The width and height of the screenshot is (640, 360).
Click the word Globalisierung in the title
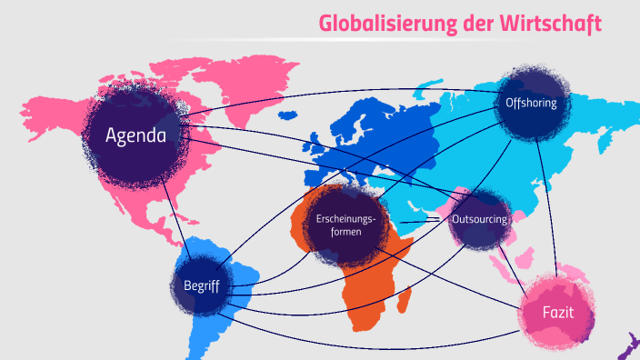[382, 24]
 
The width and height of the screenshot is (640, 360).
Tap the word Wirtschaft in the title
[556, 24]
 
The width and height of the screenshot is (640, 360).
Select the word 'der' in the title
[477, 24]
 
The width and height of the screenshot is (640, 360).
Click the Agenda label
[135, 136]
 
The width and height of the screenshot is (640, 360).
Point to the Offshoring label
[531, 103]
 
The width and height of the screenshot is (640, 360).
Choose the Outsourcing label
[479, 220]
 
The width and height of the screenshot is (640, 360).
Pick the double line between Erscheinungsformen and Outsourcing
[420, 221]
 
